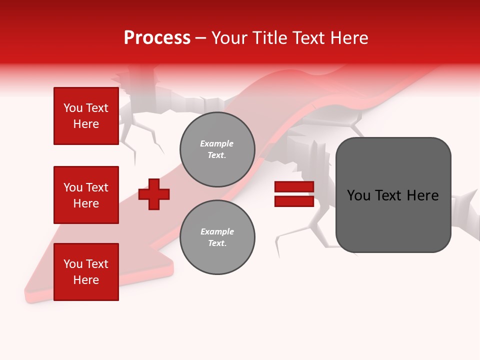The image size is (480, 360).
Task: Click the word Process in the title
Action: (x=157, y=38)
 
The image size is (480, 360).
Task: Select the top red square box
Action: (x=86, y=116)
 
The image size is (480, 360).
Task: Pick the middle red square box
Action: (x=86, y=195)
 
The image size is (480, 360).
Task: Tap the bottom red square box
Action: (x=86, y=272)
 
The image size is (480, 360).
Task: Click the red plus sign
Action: (x=154, y=194)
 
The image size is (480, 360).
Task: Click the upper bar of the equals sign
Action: (x=294, y=187)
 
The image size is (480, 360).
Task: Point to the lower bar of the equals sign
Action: (x=294, y=201)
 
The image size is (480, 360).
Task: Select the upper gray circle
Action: (x=217, y=149)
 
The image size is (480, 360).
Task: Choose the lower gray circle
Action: (x=217, y=237)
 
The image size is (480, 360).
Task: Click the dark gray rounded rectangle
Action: (x=393, y=195)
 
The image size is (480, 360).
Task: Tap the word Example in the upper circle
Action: (x=217, y=143)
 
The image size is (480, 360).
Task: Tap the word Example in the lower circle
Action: (x=217, y=231)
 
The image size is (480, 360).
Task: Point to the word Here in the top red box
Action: (x=86, y=124)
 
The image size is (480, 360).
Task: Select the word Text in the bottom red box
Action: (x=97, y=264)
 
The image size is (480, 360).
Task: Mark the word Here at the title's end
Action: (x=350, y=38)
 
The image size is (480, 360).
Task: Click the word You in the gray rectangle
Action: (x=358, y=195)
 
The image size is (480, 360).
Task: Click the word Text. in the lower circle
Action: (x=217, y=243)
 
